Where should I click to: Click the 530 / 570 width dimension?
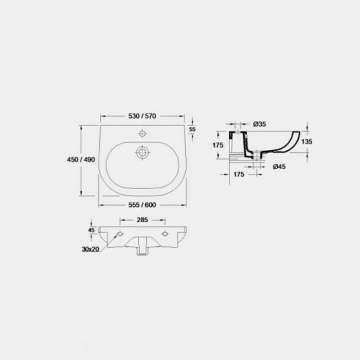[142, 117]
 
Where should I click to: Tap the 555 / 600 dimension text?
[142, 204]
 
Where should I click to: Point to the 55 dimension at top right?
[193, 130]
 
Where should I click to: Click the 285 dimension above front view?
[142, 220]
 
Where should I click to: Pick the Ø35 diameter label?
[260, 123]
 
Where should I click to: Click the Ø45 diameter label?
[280, 166]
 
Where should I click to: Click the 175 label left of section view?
[218, 146]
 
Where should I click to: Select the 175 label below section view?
[239, 175]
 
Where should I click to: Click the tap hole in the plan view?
[142, 134]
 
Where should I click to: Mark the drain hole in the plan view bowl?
[142, 152]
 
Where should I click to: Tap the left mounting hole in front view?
[120, 235]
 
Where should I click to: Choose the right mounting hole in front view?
[165, 235]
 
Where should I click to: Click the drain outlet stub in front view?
[142, 249]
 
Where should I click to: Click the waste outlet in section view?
[256, 154]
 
